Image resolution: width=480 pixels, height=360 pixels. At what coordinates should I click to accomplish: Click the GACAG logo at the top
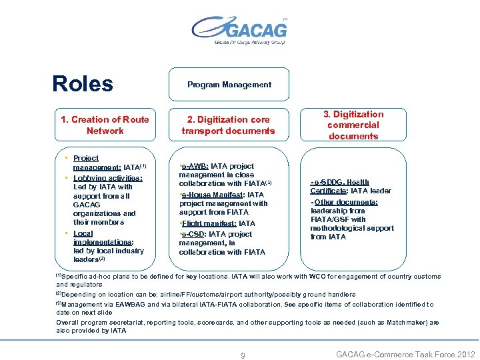pyautogui.click(x=239, y=31)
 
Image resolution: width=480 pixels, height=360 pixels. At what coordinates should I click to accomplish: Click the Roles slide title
pyautogui.click(x=83, y=84)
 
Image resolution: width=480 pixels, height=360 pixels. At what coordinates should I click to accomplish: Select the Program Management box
pyautogui.click(x=229, y=85)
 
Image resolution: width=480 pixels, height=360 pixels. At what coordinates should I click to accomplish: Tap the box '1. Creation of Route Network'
pyautogui.click(x=105, y=125)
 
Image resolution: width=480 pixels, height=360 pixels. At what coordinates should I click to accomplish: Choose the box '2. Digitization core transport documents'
pyautogui.click(x=228, y=125)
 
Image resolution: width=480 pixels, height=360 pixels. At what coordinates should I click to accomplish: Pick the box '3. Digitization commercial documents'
pyautogui.click(x=353, y=125)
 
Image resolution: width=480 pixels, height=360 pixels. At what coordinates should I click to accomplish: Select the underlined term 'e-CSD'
pyautogui.click(x=194, y=234)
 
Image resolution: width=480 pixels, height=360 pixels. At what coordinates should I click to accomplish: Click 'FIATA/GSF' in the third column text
pyautogui.click(x=330, y=219)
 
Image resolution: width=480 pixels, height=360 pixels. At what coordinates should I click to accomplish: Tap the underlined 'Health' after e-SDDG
pyautogui.click(x=358, y=182)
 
